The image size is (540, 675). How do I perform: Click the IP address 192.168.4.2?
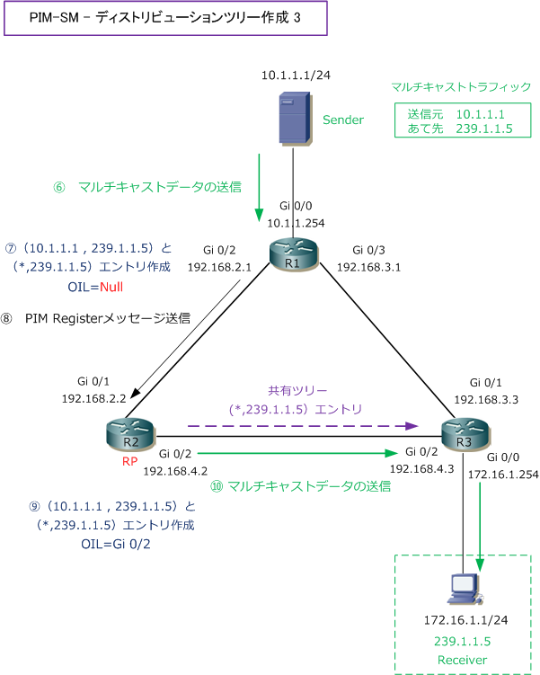(175, 470)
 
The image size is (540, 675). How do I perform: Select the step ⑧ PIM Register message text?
(108, 317)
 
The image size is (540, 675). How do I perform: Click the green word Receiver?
(461, 660)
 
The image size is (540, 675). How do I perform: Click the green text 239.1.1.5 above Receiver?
(461, 641)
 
